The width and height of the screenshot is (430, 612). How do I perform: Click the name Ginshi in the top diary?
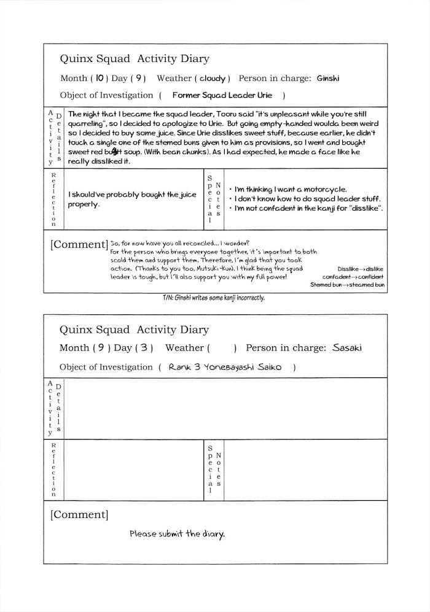point(328,79)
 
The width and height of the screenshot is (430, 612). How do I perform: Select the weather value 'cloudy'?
point(213,79)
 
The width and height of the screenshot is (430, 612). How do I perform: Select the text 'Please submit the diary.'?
point(177,533)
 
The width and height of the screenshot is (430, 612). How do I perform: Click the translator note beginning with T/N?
point(213,298)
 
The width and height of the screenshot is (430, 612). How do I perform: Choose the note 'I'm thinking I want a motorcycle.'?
point(287,190)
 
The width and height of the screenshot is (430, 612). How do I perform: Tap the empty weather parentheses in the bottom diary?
point(222,348)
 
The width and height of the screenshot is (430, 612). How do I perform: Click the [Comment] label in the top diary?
point(79,244)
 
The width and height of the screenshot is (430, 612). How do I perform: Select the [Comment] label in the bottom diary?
point(79,514)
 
